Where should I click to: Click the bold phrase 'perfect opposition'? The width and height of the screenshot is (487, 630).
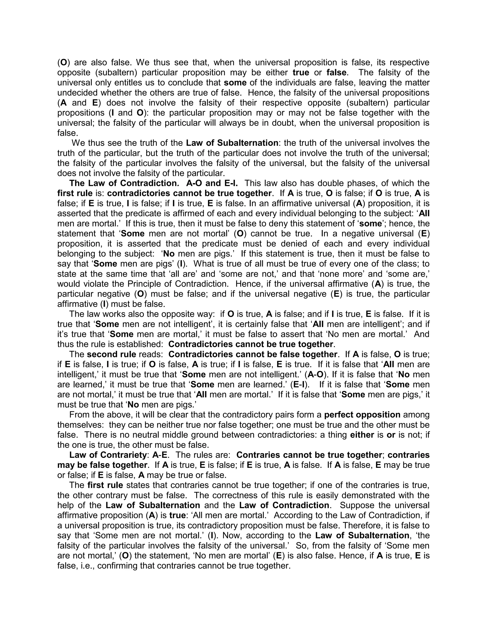point(362,415)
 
